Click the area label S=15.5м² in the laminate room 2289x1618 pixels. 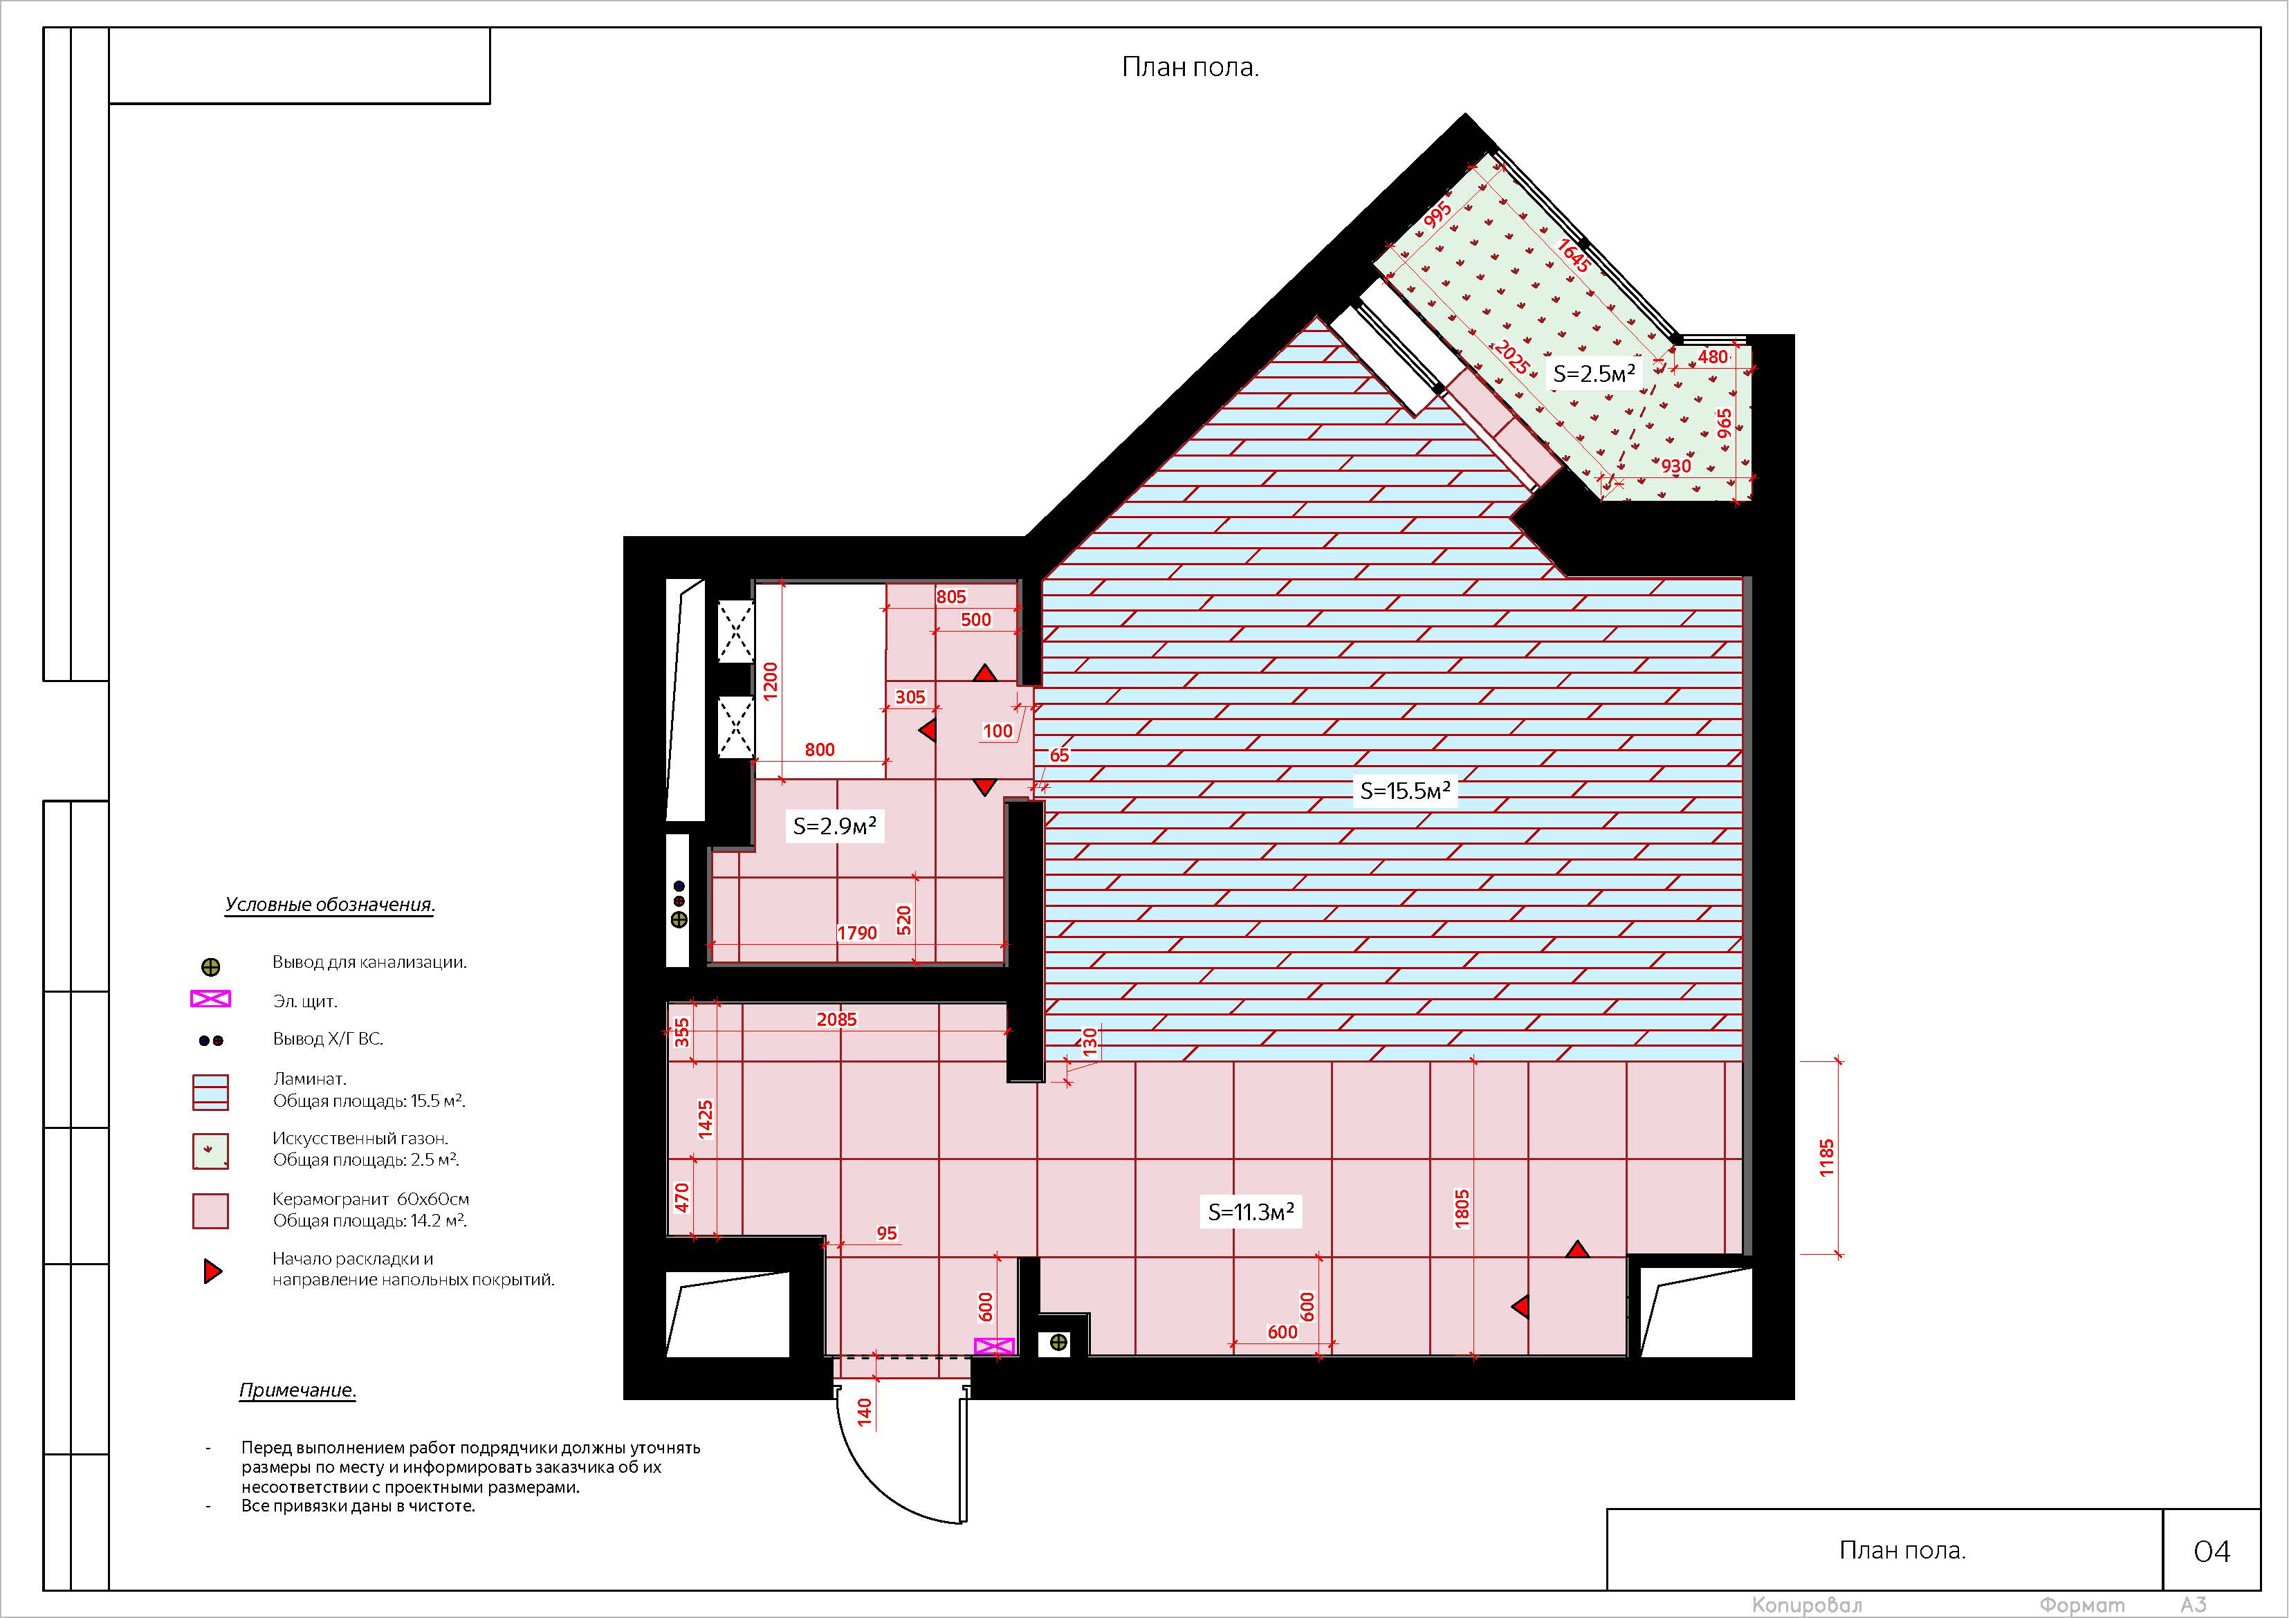tap(1406, 791)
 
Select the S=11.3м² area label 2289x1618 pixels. tap(1251, 1212)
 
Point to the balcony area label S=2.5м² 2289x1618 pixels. tap(1594, 374)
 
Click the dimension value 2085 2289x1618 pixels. tap(836, 1020)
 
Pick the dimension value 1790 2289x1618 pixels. tap(857, 933)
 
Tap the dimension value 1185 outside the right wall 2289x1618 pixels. tap(1826, 1159)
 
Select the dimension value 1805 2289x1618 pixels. tap(1462, 1208)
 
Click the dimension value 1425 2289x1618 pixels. tap(706, 1119)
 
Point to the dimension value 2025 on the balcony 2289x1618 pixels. tap(1511, 358)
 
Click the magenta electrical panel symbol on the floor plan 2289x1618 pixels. tap(994, 1346)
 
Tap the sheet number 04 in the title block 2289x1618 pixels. tap(2212, 1551)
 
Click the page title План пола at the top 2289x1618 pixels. tap(1191, 68)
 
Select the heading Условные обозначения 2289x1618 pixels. tap(330, 905)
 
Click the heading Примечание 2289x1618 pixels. tap(297, 1390)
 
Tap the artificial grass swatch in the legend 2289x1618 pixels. tap(210, 1152)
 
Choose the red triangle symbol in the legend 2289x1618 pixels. tap(212, 1271)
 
